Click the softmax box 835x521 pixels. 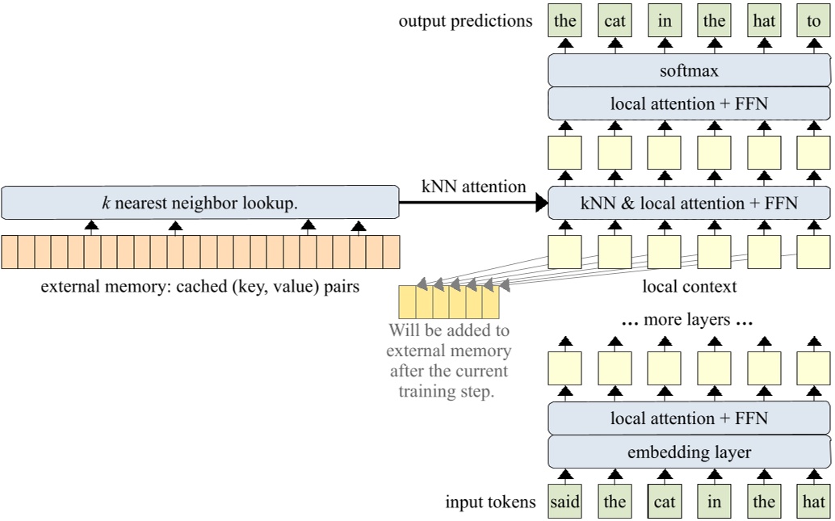[x=689, y=71]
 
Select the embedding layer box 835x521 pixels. [x=689, y=452]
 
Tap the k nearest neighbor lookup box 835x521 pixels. [x=199, y=203]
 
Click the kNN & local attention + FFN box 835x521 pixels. [x=689, y=203]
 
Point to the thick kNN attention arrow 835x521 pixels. [x=473, y=204]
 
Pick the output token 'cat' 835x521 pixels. [x=615, y=21]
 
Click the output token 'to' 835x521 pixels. [x=813, y=21]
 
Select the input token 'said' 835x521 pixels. [x=564, y=502]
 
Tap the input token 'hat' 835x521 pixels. [x=813, y=502]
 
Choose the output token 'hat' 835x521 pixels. [x=763, y=21]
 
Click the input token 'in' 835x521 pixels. [x=714, y=502]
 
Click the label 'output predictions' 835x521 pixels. [x=465, y=21]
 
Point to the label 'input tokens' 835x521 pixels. [x=490, y=502]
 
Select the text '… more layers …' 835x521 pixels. [x=687, y=320]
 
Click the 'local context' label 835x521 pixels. [x=689, y=286]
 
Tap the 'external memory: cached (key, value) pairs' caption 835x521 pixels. [x=199, y=286]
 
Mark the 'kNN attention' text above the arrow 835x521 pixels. [x=473, y=187]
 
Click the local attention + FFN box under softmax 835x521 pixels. [x=689, y=103]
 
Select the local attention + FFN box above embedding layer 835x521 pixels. [x=689, y=418]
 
